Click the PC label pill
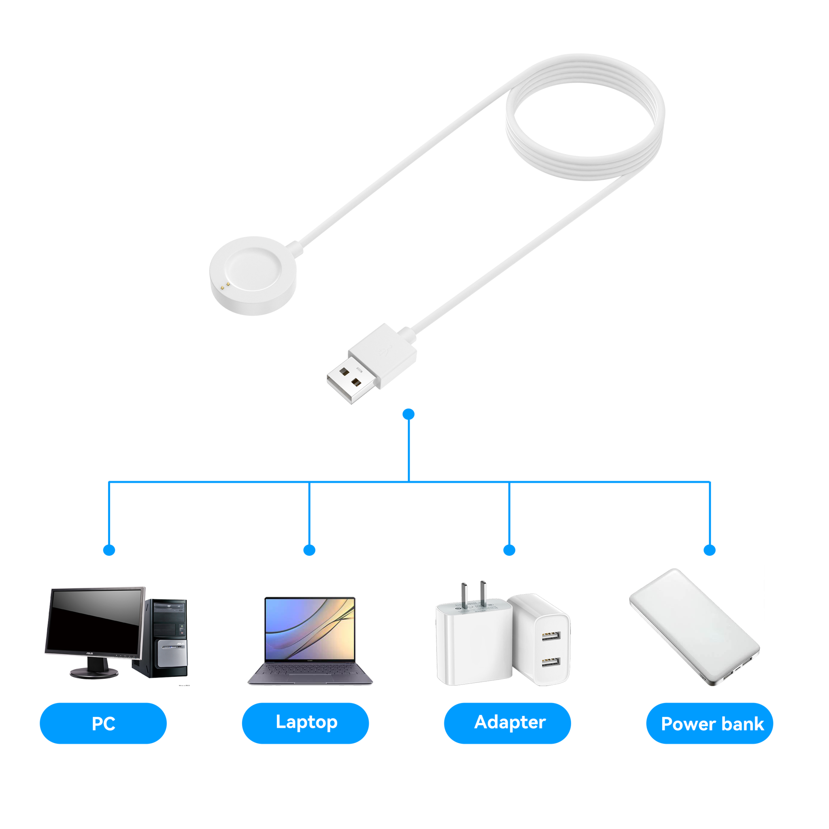[103, 723]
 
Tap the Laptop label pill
[305, 723]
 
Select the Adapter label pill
[507, 723]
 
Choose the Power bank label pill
[710, 724]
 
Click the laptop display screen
[310, 629]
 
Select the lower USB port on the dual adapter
[551, 663]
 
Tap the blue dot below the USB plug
[409, 414]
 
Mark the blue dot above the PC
[109, 550]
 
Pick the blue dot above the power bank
[710, 550]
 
